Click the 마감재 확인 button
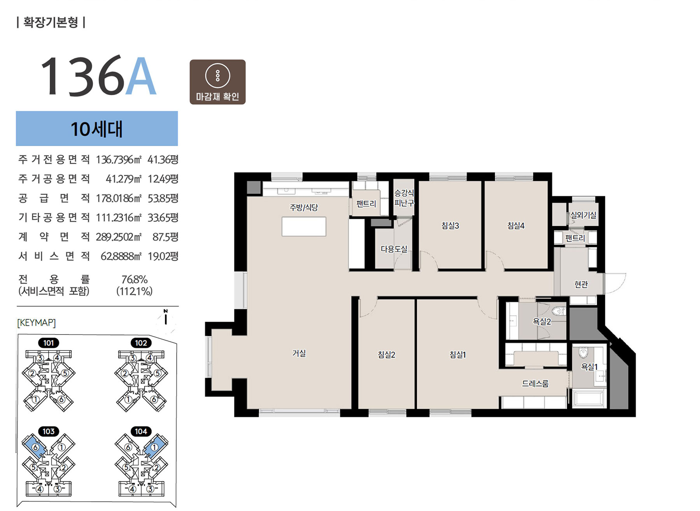(217, 82)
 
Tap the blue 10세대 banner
(97, 129)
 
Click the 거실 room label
(299, 353)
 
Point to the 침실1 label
(458, 354)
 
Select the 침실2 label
(387, 354)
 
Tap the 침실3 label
(450, 225)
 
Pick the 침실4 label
(516, 225)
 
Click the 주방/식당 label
(304, 208)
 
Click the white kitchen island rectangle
(304, 227)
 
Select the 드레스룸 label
(535, 384)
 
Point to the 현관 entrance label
(581, 284)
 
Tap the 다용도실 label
(394, 249)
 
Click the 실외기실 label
(583, 215)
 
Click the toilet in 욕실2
(558, 311)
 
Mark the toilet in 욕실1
(583, 353)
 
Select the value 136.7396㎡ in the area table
(119, 160)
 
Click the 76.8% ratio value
(135, 279)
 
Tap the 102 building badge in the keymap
(141, 343)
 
